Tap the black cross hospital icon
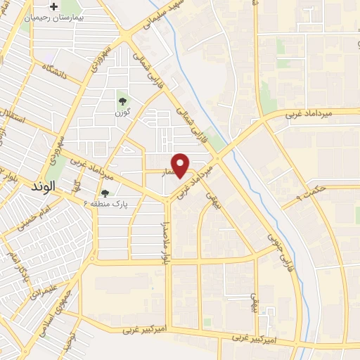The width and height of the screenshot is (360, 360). point(72,6)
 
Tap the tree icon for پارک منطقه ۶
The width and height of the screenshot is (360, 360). point(105,192)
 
